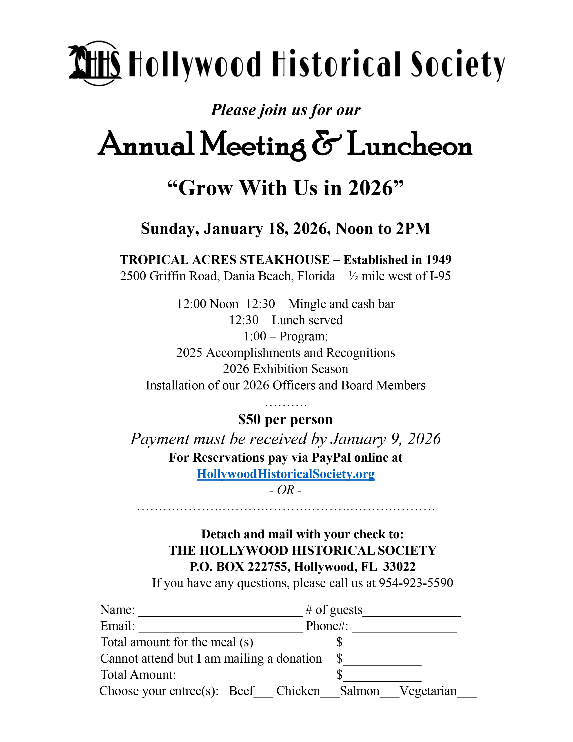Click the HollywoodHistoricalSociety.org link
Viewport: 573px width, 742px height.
[285, 474]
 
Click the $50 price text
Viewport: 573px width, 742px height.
[249, 420]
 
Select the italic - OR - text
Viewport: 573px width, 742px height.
[285, 490]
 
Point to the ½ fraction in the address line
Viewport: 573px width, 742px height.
[353, 276]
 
